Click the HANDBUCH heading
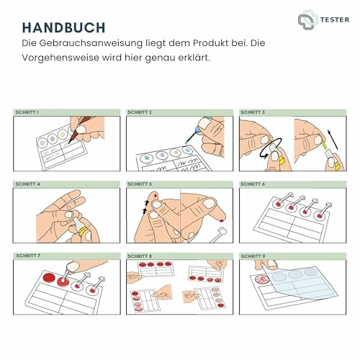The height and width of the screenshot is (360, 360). point(64,27)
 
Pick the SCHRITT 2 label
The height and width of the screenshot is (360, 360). point(140,113)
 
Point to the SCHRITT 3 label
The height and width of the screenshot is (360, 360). point(253,113)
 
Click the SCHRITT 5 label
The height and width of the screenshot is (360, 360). point(140,184)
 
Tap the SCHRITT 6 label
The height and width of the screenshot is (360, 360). point(253,184)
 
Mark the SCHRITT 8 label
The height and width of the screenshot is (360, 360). point(140,256)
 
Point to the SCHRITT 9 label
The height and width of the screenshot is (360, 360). point(253,256)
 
